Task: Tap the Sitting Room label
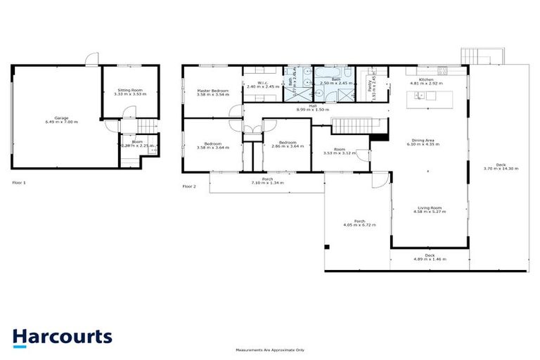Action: pos(129,91)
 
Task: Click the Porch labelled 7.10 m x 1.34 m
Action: pos(267,181)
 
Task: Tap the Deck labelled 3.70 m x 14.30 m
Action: pos(501,167)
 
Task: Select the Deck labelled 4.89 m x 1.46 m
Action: pos(429,257)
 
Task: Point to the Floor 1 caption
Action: pos(19,182)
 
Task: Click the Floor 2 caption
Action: pos(189,186)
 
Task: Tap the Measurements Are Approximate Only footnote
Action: pos(270,349)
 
